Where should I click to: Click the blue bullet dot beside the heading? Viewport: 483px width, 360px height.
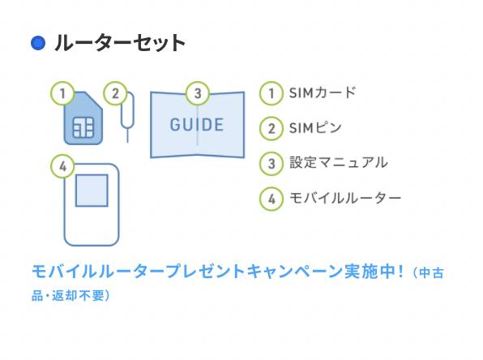tap(38, 43)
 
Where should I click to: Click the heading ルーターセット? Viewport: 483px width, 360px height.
tap(120, 43)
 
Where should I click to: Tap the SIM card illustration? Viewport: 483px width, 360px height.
tap(83, 118)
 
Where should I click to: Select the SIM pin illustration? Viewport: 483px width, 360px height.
tap(127, 118)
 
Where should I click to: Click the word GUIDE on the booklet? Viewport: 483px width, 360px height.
tap(197, 125)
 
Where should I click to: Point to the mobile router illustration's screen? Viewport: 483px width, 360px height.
tap(92, 191)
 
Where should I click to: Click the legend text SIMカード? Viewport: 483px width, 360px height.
tap(323, 92)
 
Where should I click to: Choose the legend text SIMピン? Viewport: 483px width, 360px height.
tap(315, 127)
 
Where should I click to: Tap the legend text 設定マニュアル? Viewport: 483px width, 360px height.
tap(338, 162)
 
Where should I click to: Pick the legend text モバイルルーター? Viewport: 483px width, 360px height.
tap(345, 198)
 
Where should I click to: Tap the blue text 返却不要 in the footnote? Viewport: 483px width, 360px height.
tap(79, 295)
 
